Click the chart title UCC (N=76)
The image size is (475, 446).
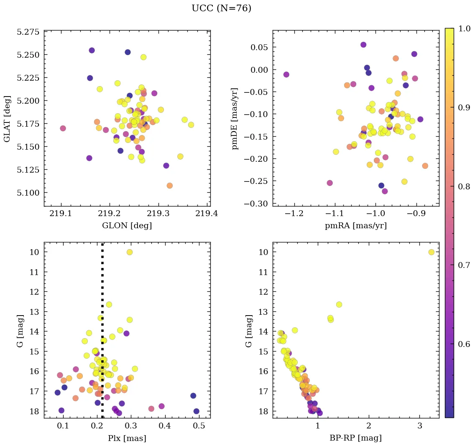click(221, 8)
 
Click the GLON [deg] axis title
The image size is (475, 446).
click(127, 226)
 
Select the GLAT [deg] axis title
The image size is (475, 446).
click(8, 118)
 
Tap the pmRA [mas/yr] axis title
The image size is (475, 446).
click(355, 226)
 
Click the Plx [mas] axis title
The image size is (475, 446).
click(127, 438)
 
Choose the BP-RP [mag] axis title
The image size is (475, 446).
click(355, 438)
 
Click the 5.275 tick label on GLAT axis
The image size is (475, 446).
click(28, 32)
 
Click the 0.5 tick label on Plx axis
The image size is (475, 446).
click(199, 426)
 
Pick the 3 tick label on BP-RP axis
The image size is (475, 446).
click(420, 426)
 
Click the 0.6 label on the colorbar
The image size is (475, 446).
click(462, 344)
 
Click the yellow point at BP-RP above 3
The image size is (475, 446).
click(432, 252)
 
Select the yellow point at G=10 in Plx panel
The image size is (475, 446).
click(130, 252)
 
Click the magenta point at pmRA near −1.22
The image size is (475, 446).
click(286, 74)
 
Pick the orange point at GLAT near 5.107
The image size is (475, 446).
click(169, 186)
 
